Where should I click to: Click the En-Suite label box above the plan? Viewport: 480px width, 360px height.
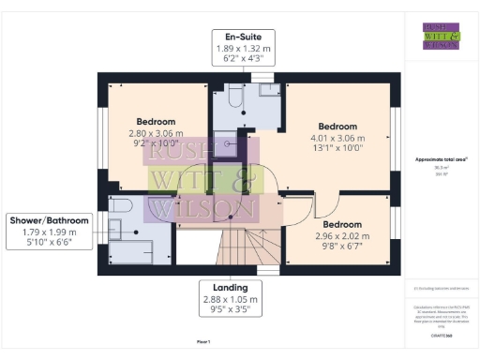(243, 46)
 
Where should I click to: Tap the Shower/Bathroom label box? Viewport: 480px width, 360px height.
(49, 231)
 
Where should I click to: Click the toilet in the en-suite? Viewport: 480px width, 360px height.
(235, 97)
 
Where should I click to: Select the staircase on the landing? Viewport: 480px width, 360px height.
(240, 250)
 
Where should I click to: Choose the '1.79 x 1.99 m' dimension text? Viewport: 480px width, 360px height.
(49, 232)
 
